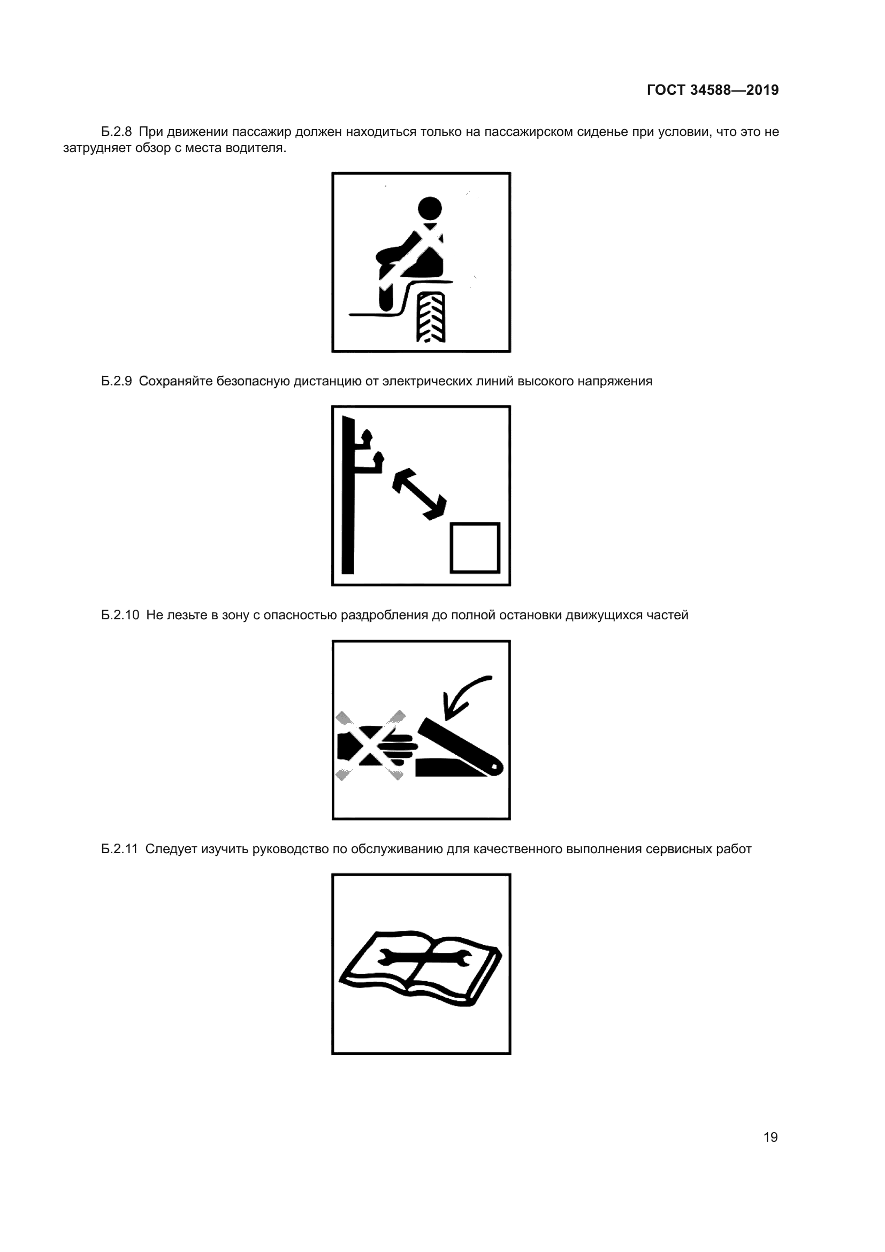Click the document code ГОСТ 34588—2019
[x=713, y=90]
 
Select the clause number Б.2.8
[x=117, y=132]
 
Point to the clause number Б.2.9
[x=117, y=381]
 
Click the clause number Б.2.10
[x=120, y=615]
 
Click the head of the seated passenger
[x=430, y=208]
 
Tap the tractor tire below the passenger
[x=431, y=317]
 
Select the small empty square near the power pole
[x=475, y=548]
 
